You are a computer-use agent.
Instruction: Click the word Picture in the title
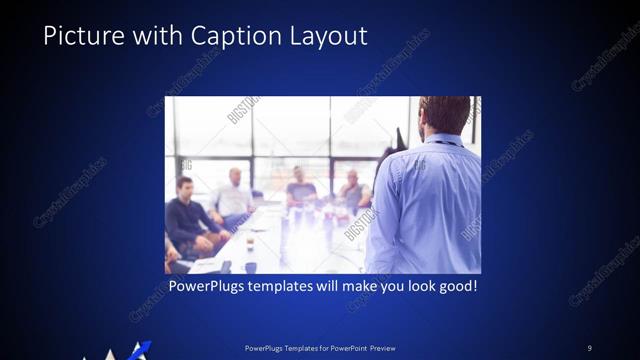click(x=83, y=36)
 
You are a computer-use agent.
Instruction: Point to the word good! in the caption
click(x=455, y=287)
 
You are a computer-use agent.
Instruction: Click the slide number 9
click(x=589, y=348)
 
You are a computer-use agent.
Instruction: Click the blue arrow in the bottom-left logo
click(x=140, y=349)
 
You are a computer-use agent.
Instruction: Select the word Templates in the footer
click(x=296, y=348)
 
